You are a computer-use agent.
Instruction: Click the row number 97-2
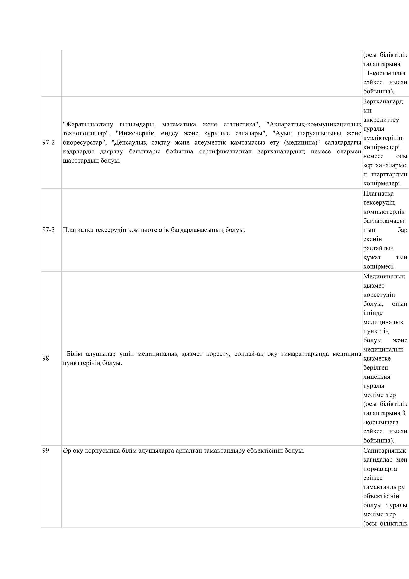click(x=48, y=143)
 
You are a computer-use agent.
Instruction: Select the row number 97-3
click(x=48, y=230)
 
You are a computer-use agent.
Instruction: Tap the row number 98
click(x=45, y=358)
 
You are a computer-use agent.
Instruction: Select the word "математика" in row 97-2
click(x=179, y=124)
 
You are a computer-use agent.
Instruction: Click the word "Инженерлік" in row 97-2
click(x=136, y=133)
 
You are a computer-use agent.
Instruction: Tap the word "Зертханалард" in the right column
click(x=383, y=101)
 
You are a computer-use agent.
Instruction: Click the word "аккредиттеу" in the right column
click(x=381, y=120)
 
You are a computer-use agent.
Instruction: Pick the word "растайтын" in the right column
click(x=378, y=248)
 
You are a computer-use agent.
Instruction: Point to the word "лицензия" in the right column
click(x=377, y=377)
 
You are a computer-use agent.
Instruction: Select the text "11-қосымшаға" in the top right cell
click(x=384, y=73)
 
